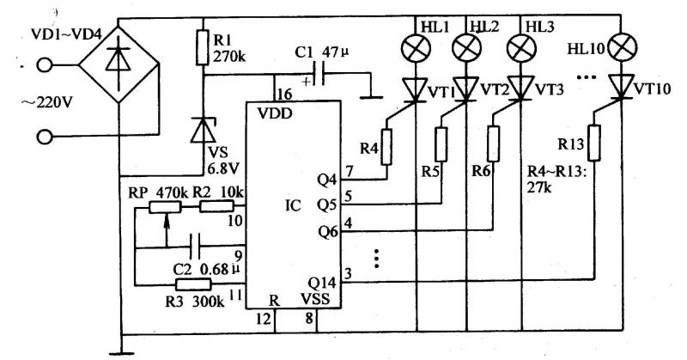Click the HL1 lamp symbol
pyautogui.click(x=416, y=47)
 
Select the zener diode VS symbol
pyautogui.click(x=203, y=130)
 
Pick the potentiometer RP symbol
pyautogui.click(x=167, y=207)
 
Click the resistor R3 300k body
pyautogui.click(x=192, y=284)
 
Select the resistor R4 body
pyautogui.click(x=386, y=146)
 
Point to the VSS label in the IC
pyautogui.click(x=315, y=302)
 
